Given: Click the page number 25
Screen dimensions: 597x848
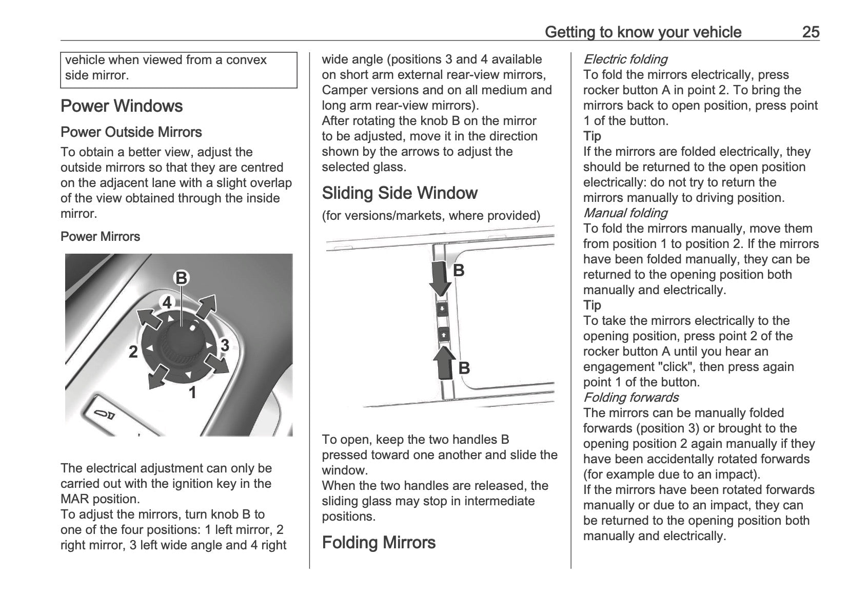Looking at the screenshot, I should (811, 32).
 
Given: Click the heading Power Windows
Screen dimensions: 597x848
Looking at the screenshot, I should (122, 106).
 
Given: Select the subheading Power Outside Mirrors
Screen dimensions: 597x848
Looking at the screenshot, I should (131, 132).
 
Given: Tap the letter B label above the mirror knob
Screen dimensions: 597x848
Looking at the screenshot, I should (181, 278).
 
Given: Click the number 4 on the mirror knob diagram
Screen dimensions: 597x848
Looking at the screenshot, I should (167, 303).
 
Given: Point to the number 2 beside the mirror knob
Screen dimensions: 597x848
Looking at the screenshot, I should (133, 352).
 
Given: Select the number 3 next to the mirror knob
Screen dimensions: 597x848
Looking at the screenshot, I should (224, 345).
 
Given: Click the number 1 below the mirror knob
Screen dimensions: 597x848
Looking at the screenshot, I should (192, 393).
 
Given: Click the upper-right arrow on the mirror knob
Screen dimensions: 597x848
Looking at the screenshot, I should (206, 307).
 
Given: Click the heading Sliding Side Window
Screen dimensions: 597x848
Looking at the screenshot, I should (400, 193).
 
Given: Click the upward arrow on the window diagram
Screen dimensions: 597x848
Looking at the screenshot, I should (444, 363).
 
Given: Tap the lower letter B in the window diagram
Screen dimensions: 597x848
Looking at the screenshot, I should (464, 368).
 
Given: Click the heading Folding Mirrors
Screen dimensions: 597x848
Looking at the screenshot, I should (379, 543).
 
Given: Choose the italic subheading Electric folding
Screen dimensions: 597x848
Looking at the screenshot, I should (625, 59).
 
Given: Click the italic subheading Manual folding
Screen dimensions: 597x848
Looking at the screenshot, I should (625, 213).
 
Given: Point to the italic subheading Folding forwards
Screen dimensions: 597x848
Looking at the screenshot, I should (630, 398).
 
